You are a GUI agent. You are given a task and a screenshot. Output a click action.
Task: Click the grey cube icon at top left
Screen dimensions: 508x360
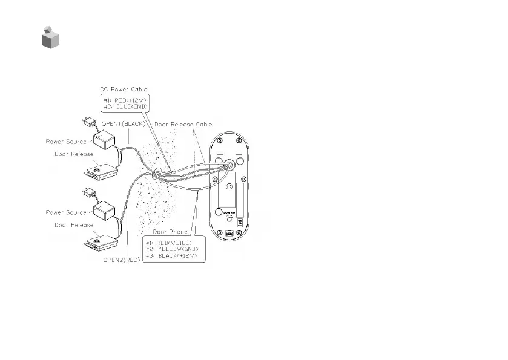click(x=51, y=38)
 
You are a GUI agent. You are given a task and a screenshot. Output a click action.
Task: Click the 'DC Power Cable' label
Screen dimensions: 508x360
click(x=124, y=89)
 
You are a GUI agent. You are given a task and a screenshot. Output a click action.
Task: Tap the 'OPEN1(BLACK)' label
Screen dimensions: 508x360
click(x=122, y=123)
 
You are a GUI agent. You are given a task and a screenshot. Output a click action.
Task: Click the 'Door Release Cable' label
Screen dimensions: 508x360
click(x=182, y=124)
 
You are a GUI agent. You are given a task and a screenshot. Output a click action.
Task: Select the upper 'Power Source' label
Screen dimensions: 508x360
click(x=67, y=142)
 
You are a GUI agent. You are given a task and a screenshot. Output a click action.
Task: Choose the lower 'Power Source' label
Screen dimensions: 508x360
click(x=67, y=212)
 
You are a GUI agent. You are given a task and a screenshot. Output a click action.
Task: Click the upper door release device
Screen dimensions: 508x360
click(x=101, y=169)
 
